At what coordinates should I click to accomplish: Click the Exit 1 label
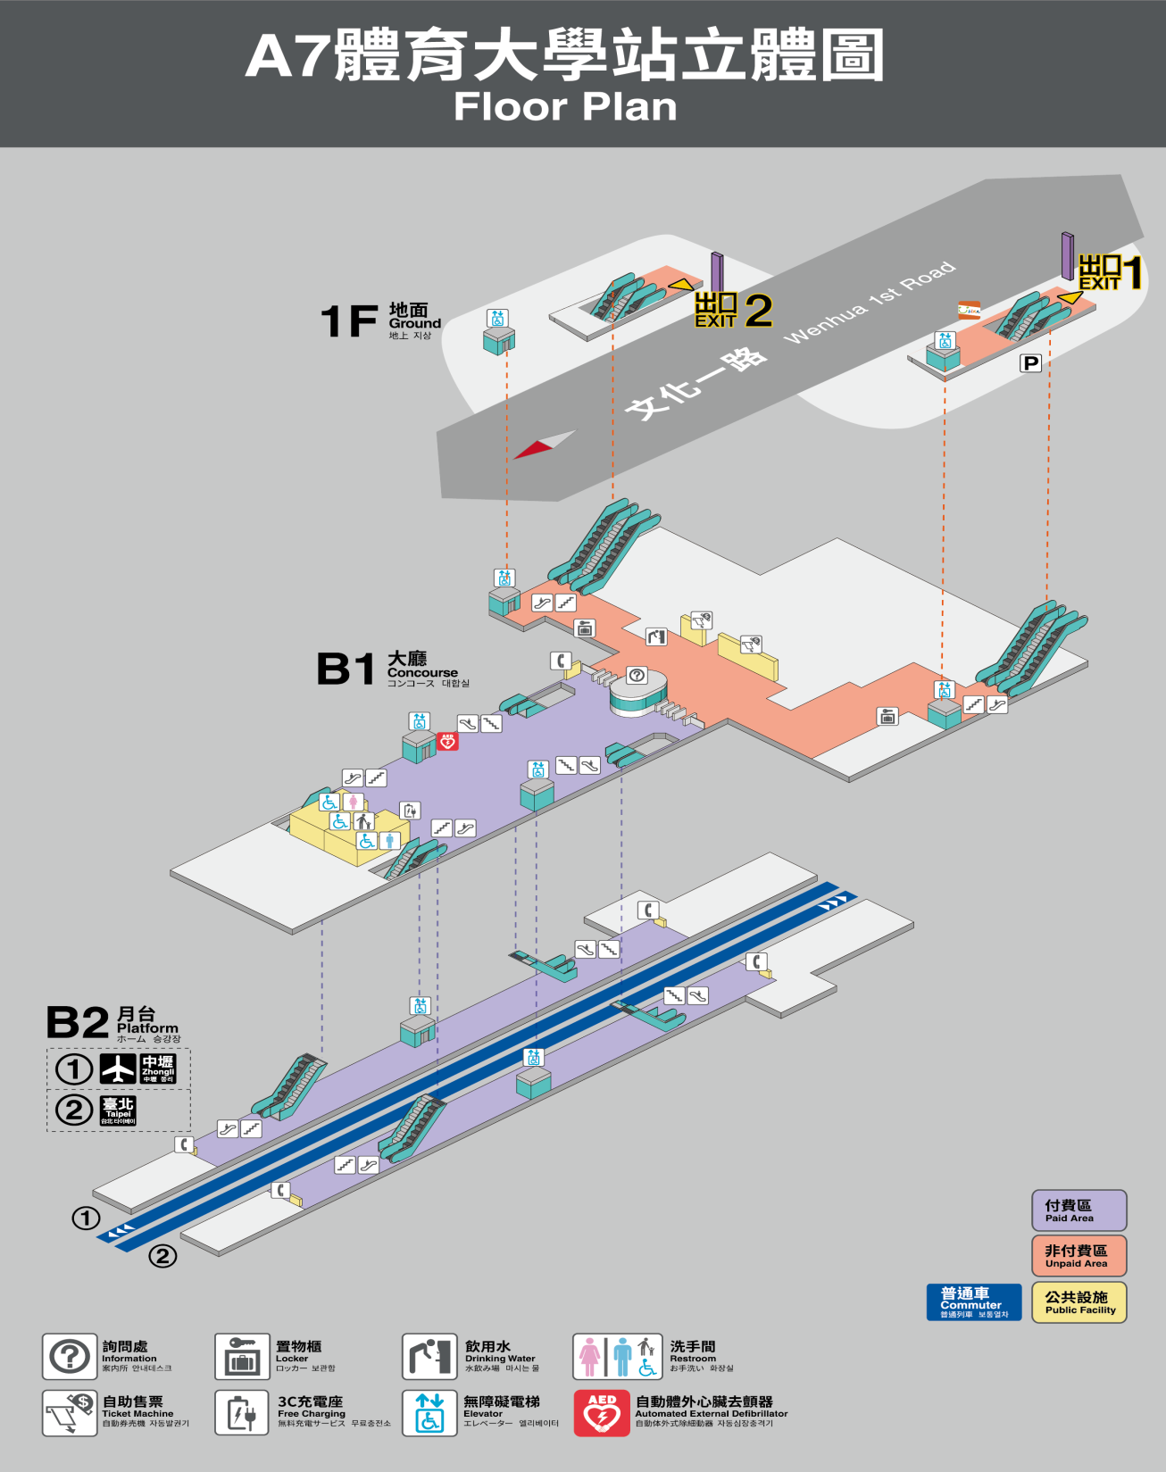(1110, 273)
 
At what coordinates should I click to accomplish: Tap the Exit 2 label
(733, 310)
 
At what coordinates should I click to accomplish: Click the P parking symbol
(1031, 362)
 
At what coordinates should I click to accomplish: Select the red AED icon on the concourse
(447, 741)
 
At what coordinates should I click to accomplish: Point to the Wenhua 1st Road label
(869, 303)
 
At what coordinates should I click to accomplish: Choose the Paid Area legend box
(1079, 1210)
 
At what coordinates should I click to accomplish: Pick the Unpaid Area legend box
(1079, 1256)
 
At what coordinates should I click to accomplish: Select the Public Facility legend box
(1079, 1302)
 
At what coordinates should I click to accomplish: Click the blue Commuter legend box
(973, 1302)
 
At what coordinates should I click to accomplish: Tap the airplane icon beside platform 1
(118, 1069)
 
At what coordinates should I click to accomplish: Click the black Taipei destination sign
(118, 1111)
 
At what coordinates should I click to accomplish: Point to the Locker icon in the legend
(242, 1356)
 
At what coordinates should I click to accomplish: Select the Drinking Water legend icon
(429, 1356)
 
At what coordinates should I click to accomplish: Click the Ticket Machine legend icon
(70, 1412)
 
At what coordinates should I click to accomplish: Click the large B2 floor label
(78, 1023)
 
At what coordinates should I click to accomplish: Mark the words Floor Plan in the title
(565, 107)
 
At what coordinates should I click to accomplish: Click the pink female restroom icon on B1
(354, 802)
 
